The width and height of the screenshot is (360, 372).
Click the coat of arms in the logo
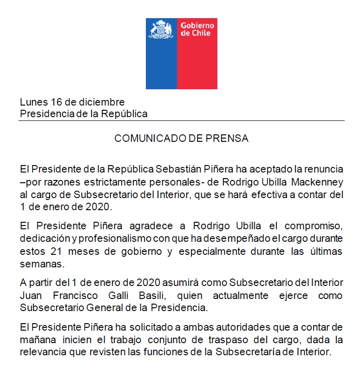(x=161, y=30)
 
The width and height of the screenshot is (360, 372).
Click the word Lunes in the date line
(x=33, y=102)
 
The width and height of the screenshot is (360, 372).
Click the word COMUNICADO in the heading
(x=148, y=139)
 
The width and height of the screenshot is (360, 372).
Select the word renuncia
(x=324, y=167)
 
